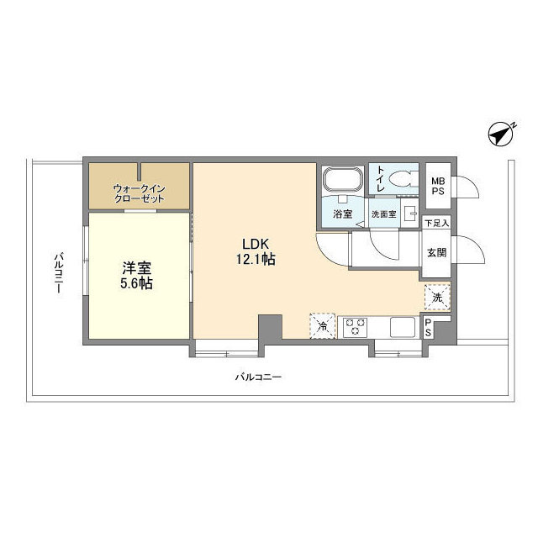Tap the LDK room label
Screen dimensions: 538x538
pos(256,244)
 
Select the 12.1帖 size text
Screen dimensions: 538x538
pos(256,260)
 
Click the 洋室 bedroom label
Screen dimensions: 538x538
pos(136,268)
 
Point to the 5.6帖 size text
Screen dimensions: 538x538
pos(136,284)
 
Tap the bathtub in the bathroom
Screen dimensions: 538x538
pos(342,181)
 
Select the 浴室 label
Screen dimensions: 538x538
pos(342,214)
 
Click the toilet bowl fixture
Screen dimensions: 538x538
pos(402,178)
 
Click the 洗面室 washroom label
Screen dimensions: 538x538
pos(384,214)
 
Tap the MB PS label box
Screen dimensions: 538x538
pos(438,186)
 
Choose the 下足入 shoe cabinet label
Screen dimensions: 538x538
pos(436,224)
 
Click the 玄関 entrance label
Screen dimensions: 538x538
pos(436,252)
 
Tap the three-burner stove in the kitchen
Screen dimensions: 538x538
pos(354,325)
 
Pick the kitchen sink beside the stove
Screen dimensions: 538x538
pos(400,326)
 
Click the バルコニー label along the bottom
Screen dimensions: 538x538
pos(257,377)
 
